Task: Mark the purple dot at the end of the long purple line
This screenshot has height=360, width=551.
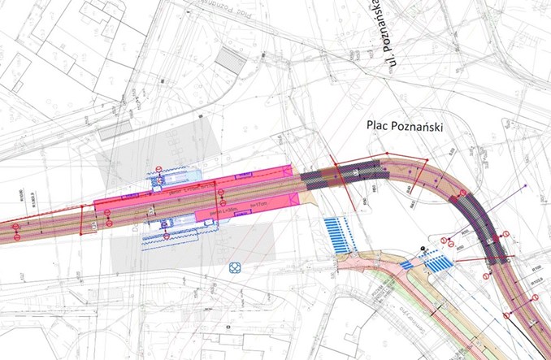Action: (x=526, y=186)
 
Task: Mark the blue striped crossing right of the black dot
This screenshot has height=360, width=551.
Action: (x=440, y=262)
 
